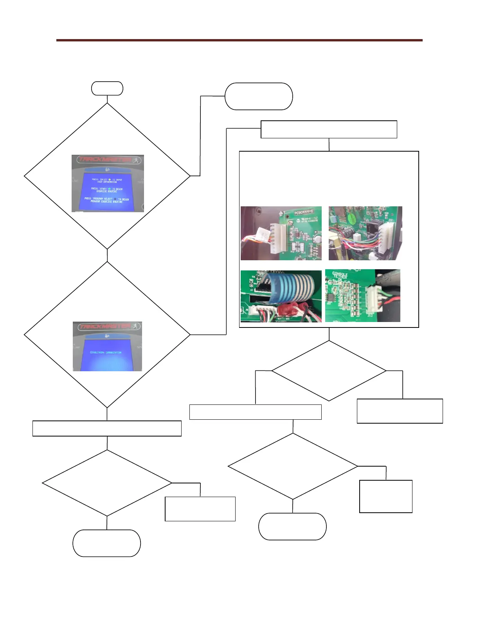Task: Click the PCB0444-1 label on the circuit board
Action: pyautogui.click(x=302, y=214)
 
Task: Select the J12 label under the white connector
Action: pyautogui.click(x=370, y=315)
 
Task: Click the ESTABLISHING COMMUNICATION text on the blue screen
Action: pyautogui.click(x=106, y=352)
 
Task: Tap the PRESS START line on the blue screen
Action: pyautogui.click(x=107, y=190)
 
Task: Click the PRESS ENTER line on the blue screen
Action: pyautogui.click(x=107, y=181)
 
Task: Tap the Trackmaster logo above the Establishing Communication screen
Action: pyautogui.click(x=105, y=327)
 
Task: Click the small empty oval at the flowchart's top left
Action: pyautogui.click(x=107, y=88)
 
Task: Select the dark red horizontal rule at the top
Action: pyautogui.click(x=239, y=40)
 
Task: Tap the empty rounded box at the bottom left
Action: pyautogui.click(x=106, y=543)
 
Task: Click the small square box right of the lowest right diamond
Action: pyautogui.click(x=385, y=496)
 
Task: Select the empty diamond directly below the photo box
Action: pyautogui.click(x=329, y=370)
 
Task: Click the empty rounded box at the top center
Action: pyautogui.click(x=258, y=96)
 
